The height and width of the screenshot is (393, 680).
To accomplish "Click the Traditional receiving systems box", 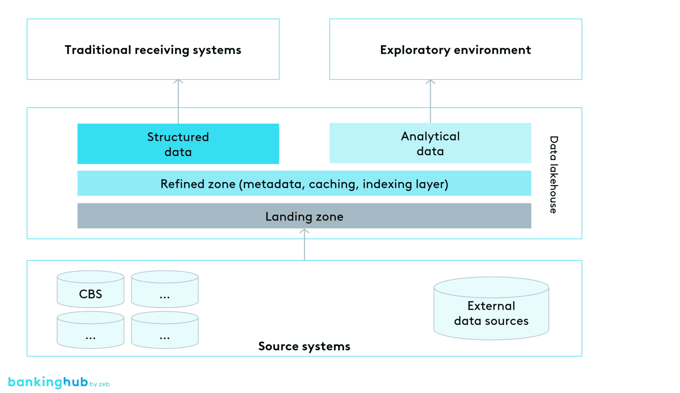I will point(153,50).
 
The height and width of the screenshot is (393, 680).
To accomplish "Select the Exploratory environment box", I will point(455,50).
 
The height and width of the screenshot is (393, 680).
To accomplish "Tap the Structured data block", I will point(178,144).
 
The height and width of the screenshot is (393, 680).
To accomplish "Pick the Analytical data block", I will point(430,143).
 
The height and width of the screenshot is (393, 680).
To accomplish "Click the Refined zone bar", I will point(304,184).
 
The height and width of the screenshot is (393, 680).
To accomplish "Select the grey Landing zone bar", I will point(304,216).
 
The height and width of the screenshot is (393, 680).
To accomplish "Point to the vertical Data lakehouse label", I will point(553,174).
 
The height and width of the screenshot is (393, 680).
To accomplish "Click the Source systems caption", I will point(304,346).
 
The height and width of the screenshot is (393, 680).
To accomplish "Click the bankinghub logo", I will point(48,382).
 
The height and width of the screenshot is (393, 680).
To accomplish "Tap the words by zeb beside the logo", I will point(100,384).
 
